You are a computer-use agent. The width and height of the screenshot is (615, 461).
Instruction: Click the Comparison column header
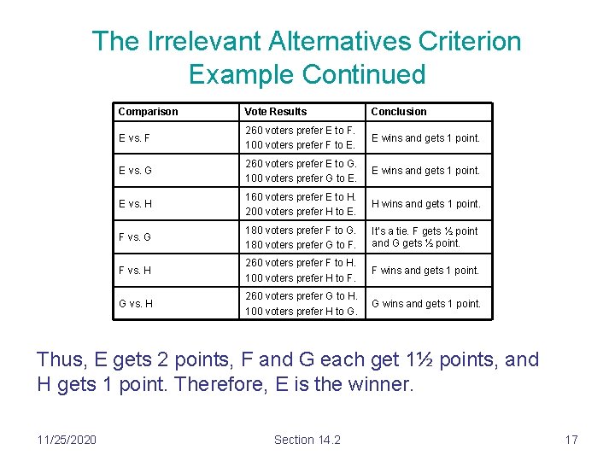point(148,112)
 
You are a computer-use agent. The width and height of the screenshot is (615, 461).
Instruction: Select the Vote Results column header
point(275,112)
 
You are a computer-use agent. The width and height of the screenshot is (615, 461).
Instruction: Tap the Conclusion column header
point(398,112)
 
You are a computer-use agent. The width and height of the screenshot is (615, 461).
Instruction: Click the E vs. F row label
point(135,138)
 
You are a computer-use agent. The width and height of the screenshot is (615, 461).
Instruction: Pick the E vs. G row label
point(135,171)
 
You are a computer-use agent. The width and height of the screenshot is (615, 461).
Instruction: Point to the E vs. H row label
point(135,204)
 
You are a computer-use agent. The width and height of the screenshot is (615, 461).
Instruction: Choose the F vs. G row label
point(135,237)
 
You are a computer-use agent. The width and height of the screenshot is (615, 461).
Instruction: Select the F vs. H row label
point(135,271)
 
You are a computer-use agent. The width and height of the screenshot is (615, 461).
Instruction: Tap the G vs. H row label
point(135,303)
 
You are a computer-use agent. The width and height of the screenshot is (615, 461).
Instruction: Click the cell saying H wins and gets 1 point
point(425,204)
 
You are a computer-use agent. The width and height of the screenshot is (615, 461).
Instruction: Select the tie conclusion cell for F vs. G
point(425,237)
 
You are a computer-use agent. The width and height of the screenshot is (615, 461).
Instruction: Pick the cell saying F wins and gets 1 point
point(425,271)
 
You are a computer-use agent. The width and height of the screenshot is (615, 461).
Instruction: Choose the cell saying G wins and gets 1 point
point(425,303)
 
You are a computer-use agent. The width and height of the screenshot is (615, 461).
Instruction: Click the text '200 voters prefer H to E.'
point(300,212)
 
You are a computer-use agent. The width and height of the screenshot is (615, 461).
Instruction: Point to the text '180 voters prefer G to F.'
point(300,245)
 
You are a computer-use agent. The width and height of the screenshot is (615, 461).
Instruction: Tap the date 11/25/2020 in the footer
point(67,440)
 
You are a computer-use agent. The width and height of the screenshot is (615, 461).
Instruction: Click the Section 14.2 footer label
point(307,440)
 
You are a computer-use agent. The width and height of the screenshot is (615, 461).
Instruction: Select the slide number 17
point(571,440)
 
